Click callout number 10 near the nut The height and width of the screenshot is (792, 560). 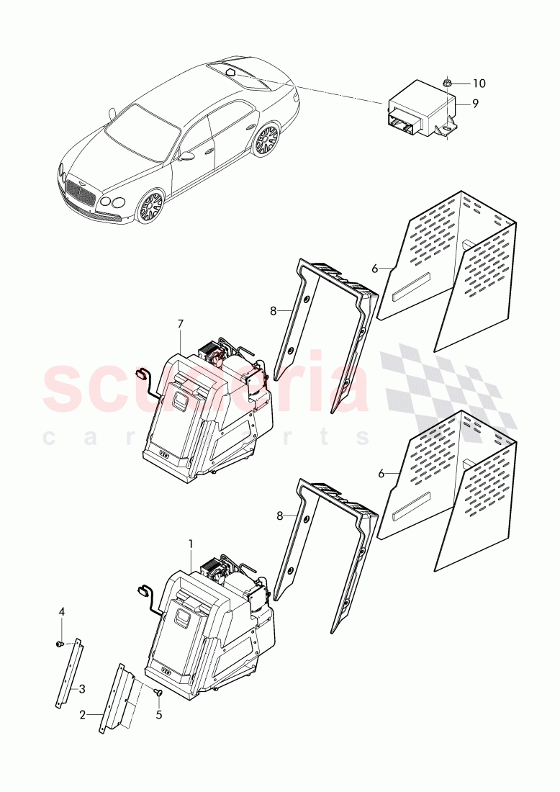coord(479,84)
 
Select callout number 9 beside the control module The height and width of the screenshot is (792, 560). coord(475,104)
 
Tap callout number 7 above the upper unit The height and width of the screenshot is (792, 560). coord(181,325)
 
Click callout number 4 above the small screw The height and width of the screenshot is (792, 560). coord(62,611)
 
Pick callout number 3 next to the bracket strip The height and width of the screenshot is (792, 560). coord(82,689)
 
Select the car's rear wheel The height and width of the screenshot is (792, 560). coord(266,140)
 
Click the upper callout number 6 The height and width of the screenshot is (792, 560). coord(374,268)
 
